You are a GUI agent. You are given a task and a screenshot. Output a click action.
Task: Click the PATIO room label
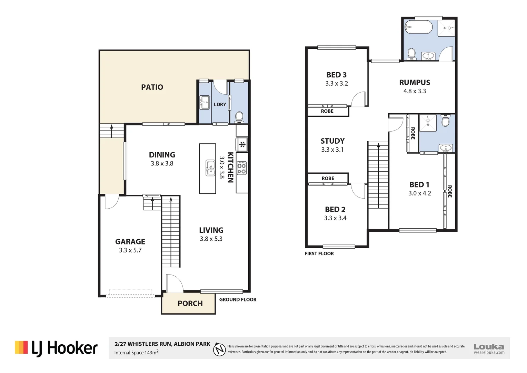click(152, 87)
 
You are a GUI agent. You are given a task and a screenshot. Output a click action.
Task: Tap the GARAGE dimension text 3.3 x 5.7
click(130, 250)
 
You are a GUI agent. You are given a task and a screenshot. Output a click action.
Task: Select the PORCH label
click(190, 303)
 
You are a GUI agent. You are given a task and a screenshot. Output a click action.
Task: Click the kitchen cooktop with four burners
click(242, 168)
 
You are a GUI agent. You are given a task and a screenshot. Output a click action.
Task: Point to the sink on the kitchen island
click(210, 168)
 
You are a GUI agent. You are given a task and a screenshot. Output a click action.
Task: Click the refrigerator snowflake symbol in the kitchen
click(242, 144)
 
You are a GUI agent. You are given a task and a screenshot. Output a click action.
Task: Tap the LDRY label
click(220, 104)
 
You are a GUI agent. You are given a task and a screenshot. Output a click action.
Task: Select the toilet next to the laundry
click(239, 117)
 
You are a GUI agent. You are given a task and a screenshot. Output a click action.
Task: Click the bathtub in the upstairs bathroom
click(418, 27)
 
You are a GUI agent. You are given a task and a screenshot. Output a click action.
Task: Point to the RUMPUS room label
click(415, 83)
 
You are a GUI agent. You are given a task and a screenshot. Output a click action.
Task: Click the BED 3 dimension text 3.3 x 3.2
click(337, 84)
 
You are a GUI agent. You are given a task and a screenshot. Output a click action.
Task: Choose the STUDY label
click(332, 141)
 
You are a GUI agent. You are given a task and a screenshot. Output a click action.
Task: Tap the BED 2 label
click(335, 209)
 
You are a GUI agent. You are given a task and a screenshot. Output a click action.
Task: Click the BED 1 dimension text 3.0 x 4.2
click(420, 193)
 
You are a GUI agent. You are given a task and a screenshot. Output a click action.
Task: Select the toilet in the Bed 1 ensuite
click(446, 121)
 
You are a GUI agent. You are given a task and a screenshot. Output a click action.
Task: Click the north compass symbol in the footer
click(219, 350)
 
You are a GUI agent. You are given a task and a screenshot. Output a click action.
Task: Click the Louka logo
click(489, 348)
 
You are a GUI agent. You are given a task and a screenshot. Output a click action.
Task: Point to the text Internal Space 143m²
click(137, 353)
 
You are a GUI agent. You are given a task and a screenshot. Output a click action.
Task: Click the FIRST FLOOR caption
click(319, 254)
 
